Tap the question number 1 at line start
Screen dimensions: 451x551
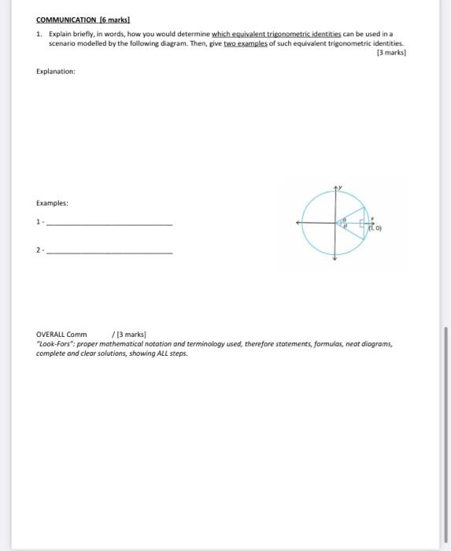point(39,35)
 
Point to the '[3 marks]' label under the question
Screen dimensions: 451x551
point(391,53)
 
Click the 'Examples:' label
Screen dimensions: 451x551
point(53,203)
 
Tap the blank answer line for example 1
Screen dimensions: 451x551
point(109,226)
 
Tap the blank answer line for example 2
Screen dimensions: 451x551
point(109,253)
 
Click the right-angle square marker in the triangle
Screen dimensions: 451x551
point(363,224)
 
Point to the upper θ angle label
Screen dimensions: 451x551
point(344,220)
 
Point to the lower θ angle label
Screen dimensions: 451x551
point(344,227)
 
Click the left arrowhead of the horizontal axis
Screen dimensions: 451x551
point(298,224)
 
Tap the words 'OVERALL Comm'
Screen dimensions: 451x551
point(62,334)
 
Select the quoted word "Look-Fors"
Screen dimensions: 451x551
point(56,344)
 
